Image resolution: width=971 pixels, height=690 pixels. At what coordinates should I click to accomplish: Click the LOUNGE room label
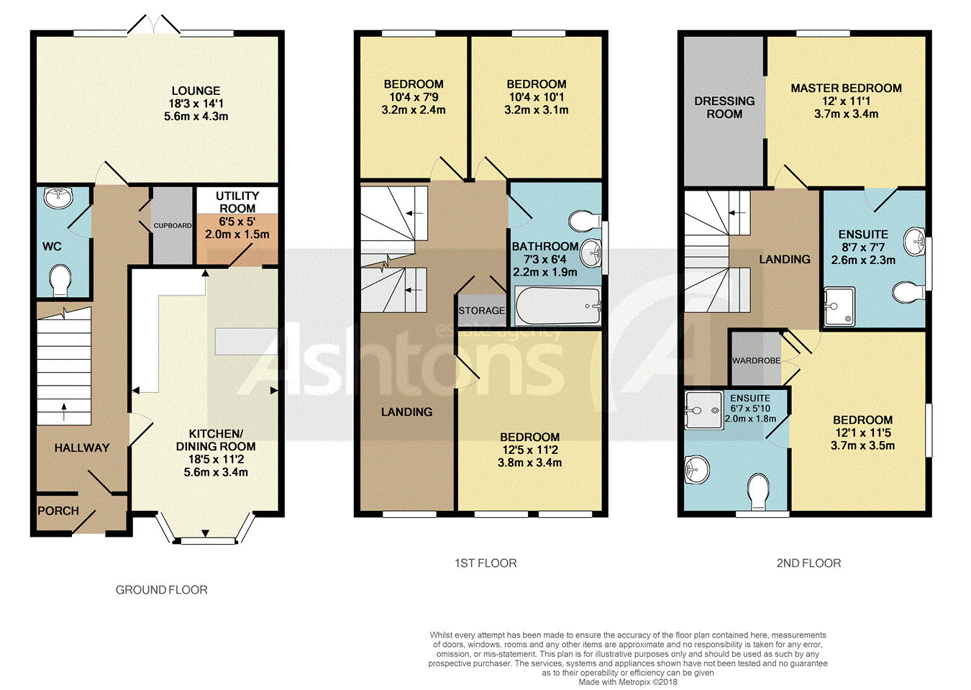click(x=196, y=91)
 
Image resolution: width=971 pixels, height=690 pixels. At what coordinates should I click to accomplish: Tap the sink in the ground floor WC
click(x=58, y=198)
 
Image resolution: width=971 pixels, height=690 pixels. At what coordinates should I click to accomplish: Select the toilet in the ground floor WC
click(x=60, y=281)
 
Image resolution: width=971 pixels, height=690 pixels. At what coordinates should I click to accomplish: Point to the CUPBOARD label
click(x=173, y=225)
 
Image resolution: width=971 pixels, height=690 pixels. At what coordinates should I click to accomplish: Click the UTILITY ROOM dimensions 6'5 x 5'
click(x=237, y=222)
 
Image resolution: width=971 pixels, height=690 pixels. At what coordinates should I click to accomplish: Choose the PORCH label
click(x=58, y=511)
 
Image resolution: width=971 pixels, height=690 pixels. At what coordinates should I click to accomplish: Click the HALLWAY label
click(x=82, y=448)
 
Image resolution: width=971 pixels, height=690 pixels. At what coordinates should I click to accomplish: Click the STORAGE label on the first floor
click(x=482, y=311)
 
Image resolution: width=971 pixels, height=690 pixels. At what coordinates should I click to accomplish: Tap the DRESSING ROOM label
click(x=724, y=107)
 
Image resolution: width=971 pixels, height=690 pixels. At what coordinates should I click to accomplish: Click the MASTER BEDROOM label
click(x=846, y=88)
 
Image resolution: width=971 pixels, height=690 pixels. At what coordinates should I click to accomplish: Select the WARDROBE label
click(x=756, y=360)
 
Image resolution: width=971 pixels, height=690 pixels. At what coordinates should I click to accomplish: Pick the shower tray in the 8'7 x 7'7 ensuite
click(x=839, y=307)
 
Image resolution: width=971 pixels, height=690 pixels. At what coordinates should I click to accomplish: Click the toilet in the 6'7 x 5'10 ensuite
click(x=759, y=492)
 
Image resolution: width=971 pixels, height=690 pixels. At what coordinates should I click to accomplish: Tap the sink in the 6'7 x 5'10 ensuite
click(x=697, y=469)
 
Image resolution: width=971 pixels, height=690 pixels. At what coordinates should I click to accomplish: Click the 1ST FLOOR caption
click(x=485, y=563)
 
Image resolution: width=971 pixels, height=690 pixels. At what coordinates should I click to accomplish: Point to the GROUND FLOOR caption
click(x=162, y=590)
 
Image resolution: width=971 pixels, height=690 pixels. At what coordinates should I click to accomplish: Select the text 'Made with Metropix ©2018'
click(x=628, y=682)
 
